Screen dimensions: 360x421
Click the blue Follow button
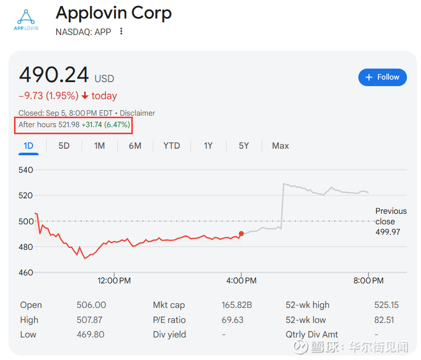(382, 77)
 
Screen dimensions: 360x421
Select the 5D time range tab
(64, 146)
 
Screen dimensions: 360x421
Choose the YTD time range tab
(171, 146)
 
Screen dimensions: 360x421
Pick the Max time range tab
(280, 146)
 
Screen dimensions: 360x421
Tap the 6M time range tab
(135, 146)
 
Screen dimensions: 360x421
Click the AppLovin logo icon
(26, 19)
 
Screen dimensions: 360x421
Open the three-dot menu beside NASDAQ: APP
(121, 32)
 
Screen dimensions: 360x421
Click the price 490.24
(54, 75)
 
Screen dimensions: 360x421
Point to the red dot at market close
(241, 233)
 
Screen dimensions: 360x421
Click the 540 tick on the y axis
(26, 170)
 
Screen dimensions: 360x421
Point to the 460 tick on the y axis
(26, 273)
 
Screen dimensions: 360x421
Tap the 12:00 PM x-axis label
(114, 281)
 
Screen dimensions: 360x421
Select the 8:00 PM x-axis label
(368, 281)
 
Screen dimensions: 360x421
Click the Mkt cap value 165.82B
(237, 305)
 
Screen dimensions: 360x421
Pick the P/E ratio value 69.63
(233, 320)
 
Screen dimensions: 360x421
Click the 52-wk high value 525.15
(387, 305)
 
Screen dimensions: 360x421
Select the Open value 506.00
(91, 305)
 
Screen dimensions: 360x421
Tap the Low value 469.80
(91, 334)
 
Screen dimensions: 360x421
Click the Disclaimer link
(137, 113)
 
